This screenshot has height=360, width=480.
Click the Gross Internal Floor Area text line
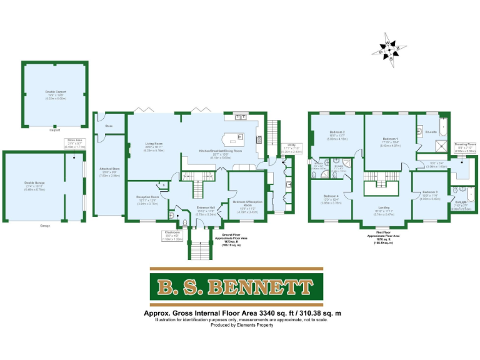(240, 312)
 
